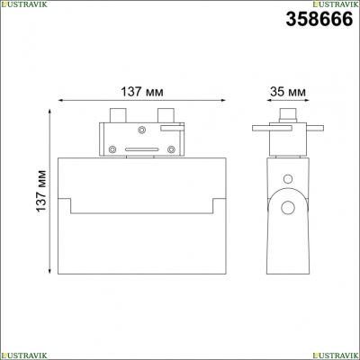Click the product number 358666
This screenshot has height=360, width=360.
[319, 19]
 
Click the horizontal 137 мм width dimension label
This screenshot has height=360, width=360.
[142, 92]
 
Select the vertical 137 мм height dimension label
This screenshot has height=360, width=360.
[41, 191]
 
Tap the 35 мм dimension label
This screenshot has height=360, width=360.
[288, 92]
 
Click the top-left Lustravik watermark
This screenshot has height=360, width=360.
[23, 4]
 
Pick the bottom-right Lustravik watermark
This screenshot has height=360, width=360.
[336, 355]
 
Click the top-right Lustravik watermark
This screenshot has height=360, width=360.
[336, 4]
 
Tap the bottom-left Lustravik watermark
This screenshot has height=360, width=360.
[23, 355]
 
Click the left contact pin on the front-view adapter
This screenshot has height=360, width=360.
[118, 115]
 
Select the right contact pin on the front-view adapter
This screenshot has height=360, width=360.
[166, 115]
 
